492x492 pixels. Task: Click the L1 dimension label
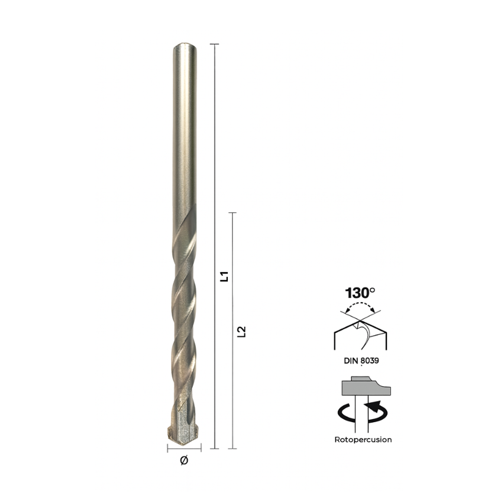tap(224, 276)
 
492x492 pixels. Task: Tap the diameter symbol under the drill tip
tap(184, 460)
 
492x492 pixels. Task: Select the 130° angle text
tap(360, 293)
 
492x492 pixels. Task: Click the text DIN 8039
tap(361, 360)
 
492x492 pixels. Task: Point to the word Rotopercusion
tap(363, 440)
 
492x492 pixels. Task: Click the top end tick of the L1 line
tap(214, 44)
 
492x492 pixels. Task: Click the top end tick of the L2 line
tap(233, 213)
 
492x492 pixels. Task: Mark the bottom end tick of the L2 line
tap(233, 448)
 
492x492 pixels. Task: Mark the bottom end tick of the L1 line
tap(214, 448)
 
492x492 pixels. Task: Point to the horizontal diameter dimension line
tap(184, 449)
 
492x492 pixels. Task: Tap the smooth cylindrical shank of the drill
tap(185, 129)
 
